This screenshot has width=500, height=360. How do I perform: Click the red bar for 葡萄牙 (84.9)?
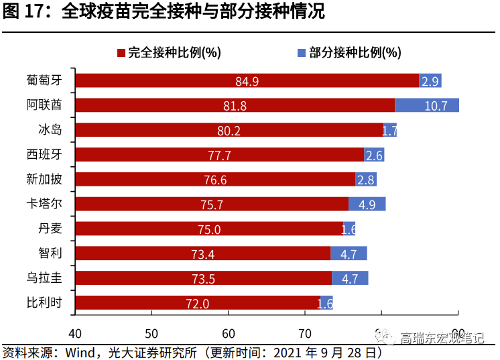[247, 81]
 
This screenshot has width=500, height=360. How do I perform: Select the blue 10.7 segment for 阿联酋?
[426, 105]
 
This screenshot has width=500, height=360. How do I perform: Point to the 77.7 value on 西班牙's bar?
[219, 156]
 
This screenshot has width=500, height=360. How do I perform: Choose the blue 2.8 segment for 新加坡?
[365, 180]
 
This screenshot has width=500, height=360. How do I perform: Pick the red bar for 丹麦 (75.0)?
[208, 229]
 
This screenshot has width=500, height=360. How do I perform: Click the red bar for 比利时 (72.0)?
[197, 303]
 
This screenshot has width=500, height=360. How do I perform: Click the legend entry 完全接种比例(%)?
[169, 52]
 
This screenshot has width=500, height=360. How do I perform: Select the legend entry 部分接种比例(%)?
[349, 52]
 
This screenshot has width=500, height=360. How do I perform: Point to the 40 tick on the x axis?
[75, 333]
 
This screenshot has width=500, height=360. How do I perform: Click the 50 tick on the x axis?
[151, 333]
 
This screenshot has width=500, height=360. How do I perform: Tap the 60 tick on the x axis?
[229, 333]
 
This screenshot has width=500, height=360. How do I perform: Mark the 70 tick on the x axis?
[305, 333]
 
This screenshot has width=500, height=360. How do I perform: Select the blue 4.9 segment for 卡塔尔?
[367, 204]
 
